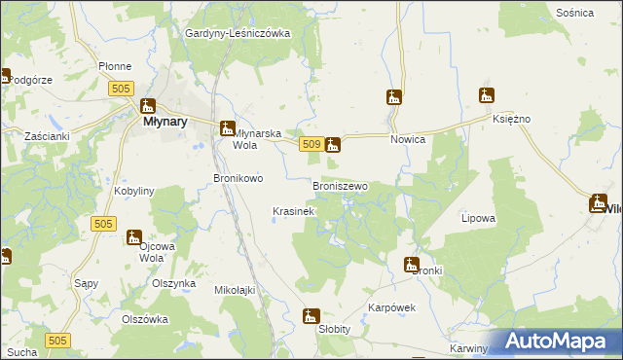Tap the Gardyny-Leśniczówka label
[238, 33]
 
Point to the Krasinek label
[293, 211]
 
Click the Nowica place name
[409, 139]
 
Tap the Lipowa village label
[478, 219]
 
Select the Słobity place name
[334, 330]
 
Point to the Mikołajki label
[234, 289]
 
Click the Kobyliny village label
[134, 192]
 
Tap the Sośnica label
[575, 13]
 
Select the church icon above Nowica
[394, 97]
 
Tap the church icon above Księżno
[487, 95]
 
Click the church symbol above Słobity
[311, 316]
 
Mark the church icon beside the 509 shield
[333, 145]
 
